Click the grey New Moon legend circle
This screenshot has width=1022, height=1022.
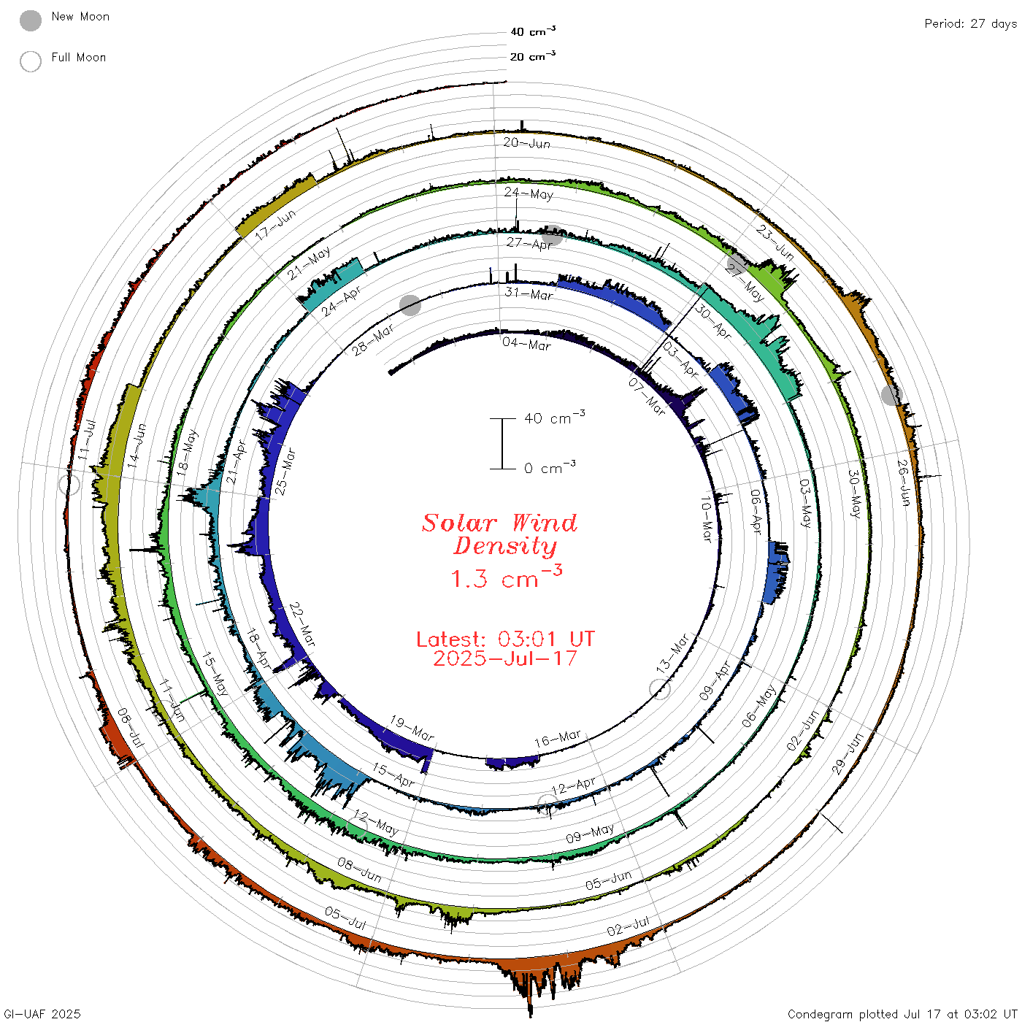pos(31,20)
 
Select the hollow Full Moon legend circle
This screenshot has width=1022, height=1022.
pos(31,61)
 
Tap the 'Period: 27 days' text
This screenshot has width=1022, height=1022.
pos(970,24)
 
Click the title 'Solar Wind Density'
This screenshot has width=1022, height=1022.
pos(499,534)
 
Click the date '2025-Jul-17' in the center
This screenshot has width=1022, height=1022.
pos(505,658)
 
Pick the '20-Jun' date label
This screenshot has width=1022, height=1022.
pos(526,143)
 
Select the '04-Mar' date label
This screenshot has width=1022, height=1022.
pos(526,345)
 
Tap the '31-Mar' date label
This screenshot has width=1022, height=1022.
pos(529,293)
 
